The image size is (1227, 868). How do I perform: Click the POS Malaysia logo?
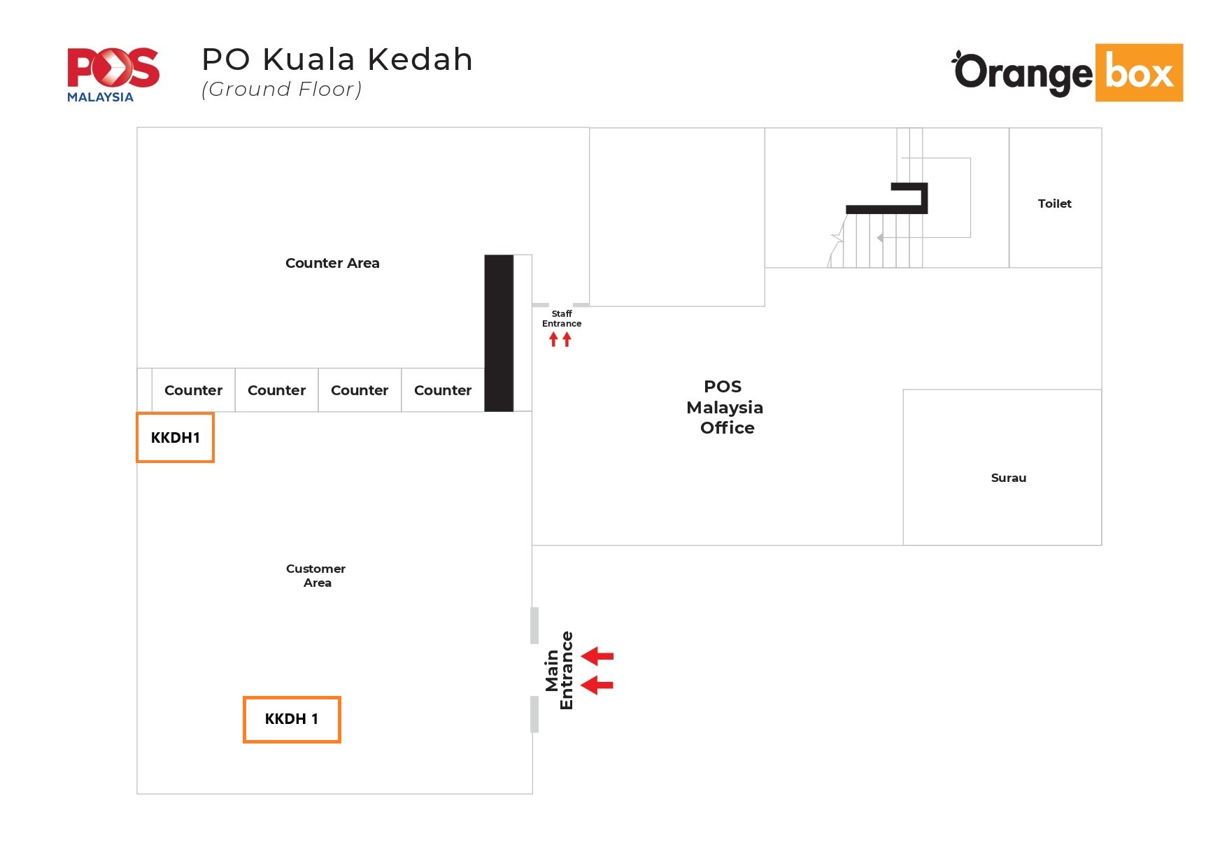pyautogui.click(x=113, y=74)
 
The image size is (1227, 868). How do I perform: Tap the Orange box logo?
pyautogui.click(x=1068, y=73)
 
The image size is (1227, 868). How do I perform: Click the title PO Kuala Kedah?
pyautogui.click(x=337, y=59)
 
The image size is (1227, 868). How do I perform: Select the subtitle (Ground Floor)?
pyautogui.click(x=281, y=90)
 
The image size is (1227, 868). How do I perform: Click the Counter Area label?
pyautogui.click(x=332, y=263)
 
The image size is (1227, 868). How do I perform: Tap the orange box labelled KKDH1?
pyautogui.click(x=175, y=437)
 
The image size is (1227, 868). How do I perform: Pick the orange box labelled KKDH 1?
pyautogui.click(x=292, y=719)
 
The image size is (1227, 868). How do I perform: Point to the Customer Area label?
pyautogui.click(x=316, y=576)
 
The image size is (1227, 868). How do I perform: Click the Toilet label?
pyautogui.click(x=1054, y=204)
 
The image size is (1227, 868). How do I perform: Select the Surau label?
pyautogui.click(x=1008, y=478)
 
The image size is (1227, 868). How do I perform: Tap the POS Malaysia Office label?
pyautogui.click(x=725, y=407)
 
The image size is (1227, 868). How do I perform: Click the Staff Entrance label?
pyautogui.click(x=562, y=318)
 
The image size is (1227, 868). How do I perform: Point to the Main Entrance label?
pyautogui.click(x=559, y=670)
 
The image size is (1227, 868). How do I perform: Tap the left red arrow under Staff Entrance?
pyautogui.click(x=553, y=339)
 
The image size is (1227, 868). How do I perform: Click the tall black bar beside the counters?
pyautogui.click(x=499, y=333)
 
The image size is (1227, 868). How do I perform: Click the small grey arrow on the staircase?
pyautogui.click(x=880, y=238)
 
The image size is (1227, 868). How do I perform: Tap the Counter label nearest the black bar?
pyautogui.click(x=442, y=390)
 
